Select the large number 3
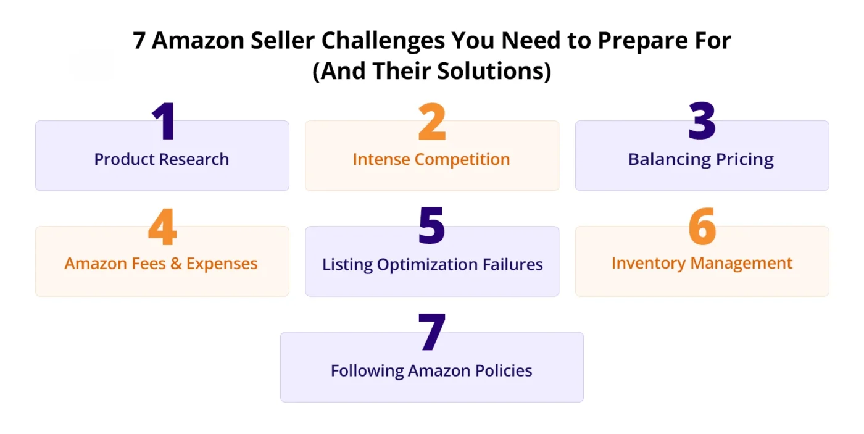[x=702, y=122]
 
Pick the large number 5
[x=431, y=227]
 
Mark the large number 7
[x=431, y=333]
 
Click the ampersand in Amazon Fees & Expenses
[x=177, y=264]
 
